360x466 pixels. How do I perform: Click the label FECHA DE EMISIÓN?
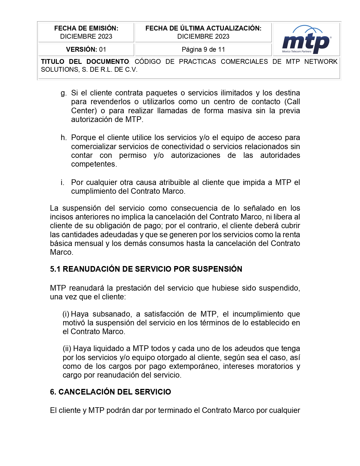pos(86,28)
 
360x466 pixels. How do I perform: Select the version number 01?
pos(102,49)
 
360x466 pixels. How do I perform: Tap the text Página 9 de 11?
pos(203,49)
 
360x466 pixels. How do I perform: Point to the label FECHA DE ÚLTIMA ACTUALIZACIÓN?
pos(203,28)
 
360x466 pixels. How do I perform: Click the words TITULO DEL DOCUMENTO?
pos(85,62)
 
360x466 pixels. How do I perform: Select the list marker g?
pos(64,93)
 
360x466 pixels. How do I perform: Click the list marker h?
pos(64,138)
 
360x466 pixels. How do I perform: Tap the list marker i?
pos(62,182)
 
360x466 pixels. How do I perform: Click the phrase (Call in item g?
pos(292,102)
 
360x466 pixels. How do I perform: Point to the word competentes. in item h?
pos(94,164)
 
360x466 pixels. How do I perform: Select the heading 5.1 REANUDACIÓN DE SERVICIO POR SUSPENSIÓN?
pos(146,269)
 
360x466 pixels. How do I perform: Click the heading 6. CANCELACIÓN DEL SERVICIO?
pos(110,392)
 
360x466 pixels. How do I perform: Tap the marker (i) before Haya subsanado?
pos(66,314)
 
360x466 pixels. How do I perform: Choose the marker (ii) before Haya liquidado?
pos(67,349)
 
